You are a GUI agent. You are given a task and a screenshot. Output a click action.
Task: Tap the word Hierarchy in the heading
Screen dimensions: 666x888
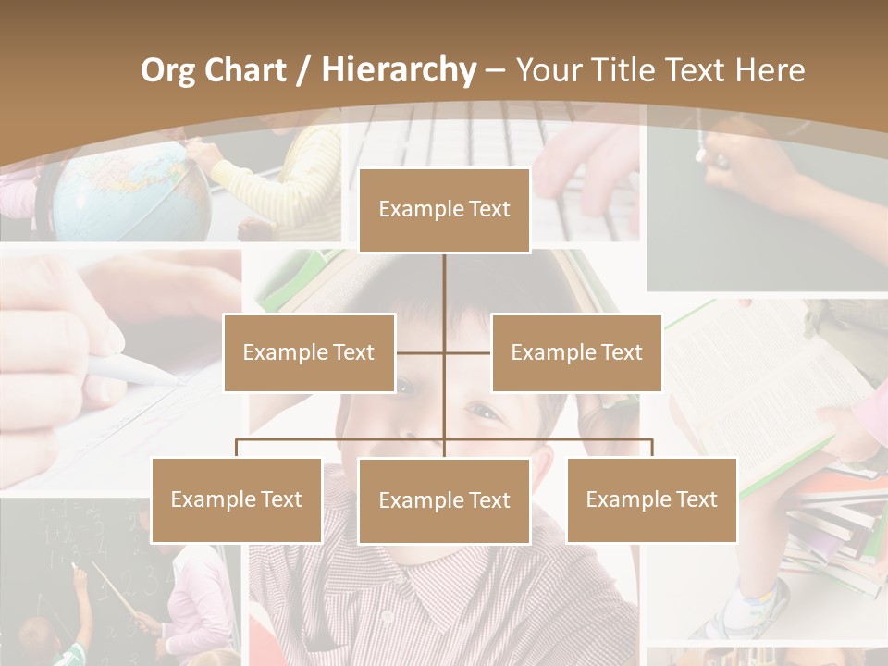click(399, 70)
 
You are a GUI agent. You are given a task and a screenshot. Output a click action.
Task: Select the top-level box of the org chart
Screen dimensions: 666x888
click(444, 210)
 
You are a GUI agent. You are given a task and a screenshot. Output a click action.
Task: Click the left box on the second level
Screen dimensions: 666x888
click(309, 352)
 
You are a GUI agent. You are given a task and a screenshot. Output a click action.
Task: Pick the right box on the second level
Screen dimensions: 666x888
click(576, 352)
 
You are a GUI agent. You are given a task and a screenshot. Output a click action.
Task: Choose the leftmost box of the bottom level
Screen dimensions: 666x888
click(236, 500)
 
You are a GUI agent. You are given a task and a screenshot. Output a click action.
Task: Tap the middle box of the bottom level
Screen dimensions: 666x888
click(444, 501)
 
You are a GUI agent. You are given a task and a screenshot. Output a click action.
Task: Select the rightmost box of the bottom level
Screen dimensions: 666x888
click(651, 500)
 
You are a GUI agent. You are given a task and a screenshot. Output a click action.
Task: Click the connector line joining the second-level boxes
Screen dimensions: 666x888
click(444, 352)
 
